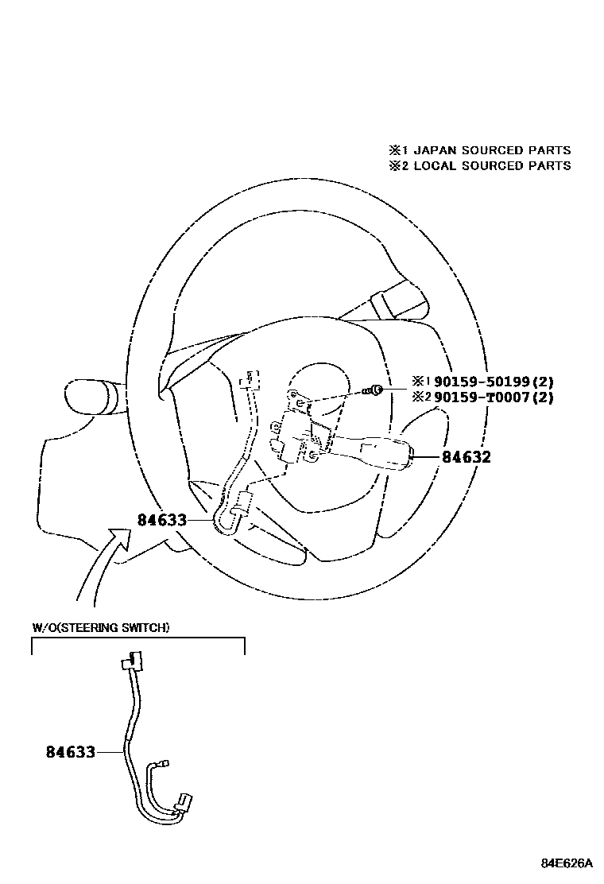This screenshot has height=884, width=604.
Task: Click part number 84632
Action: [467, 457]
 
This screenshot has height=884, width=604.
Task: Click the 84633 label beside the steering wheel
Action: [161, 520]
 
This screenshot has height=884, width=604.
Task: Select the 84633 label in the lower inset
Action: [70, 751]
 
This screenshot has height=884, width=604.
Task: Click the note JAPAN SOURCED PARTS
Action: [492, 150]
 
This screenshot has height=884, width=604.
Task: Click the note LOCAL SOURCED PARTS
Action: [492, 166]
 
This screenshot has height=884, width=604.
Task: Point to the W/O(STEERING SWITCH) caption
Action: [100, 628]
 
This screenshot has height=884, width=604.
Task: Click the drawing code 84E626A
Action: [567, 863]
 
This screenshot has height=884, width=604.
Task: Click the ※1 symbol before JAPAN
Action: [397, 150]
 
